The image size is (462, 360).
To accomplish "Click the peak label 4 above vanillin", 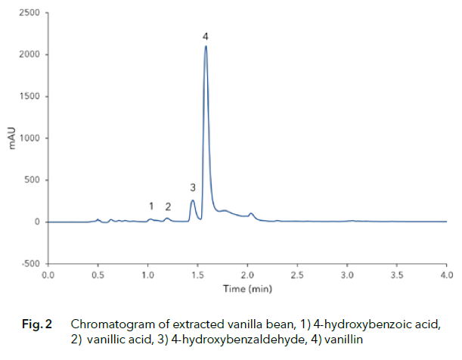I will click(206, 36).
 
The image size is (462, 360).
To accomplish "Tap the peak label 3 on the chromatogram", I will click(193, 187).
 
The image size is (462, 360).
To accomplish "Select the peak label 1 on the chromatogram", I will click(151, 206).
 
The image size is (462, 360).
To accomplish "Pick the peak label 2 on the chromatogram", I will click(168, 206).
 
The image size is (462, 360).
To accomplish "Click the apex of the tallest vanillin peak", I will click(206, 47).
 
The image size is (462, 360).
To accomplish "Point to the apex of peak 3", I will click(193, 200).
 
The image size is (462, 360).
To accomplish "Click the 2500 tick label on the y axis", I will click(30, 13).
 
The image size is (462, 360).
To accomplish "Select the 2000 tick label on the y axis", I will click(30, 54).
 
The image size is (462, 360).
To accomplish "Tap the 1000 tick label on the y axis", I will click(30, 138).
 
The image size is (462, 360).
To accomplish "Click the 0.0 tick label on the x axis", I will click(48, 275).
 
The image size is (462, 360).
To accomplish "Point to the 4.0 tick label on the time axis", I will click(446, 275).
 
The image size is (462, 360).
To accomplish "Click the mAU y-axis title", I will click(13, 138).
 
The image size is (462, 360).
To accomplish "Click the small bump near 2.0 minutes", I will click(251, 214).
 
